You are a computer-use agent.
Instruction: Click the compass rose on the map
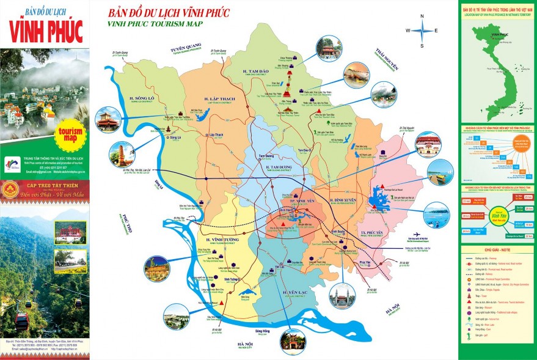pyautogui.click(x=422, y=31)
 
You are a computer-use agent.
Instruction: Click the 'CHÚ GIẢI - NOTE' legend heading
pyautogui.click(x=497, y=250)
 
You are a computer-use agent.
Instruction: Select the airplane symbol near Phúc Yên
pyautogui.click(x=416, y=235)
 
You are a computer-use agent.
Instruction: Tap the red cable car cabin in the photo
pyautogui.click(x=22, y=320)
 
